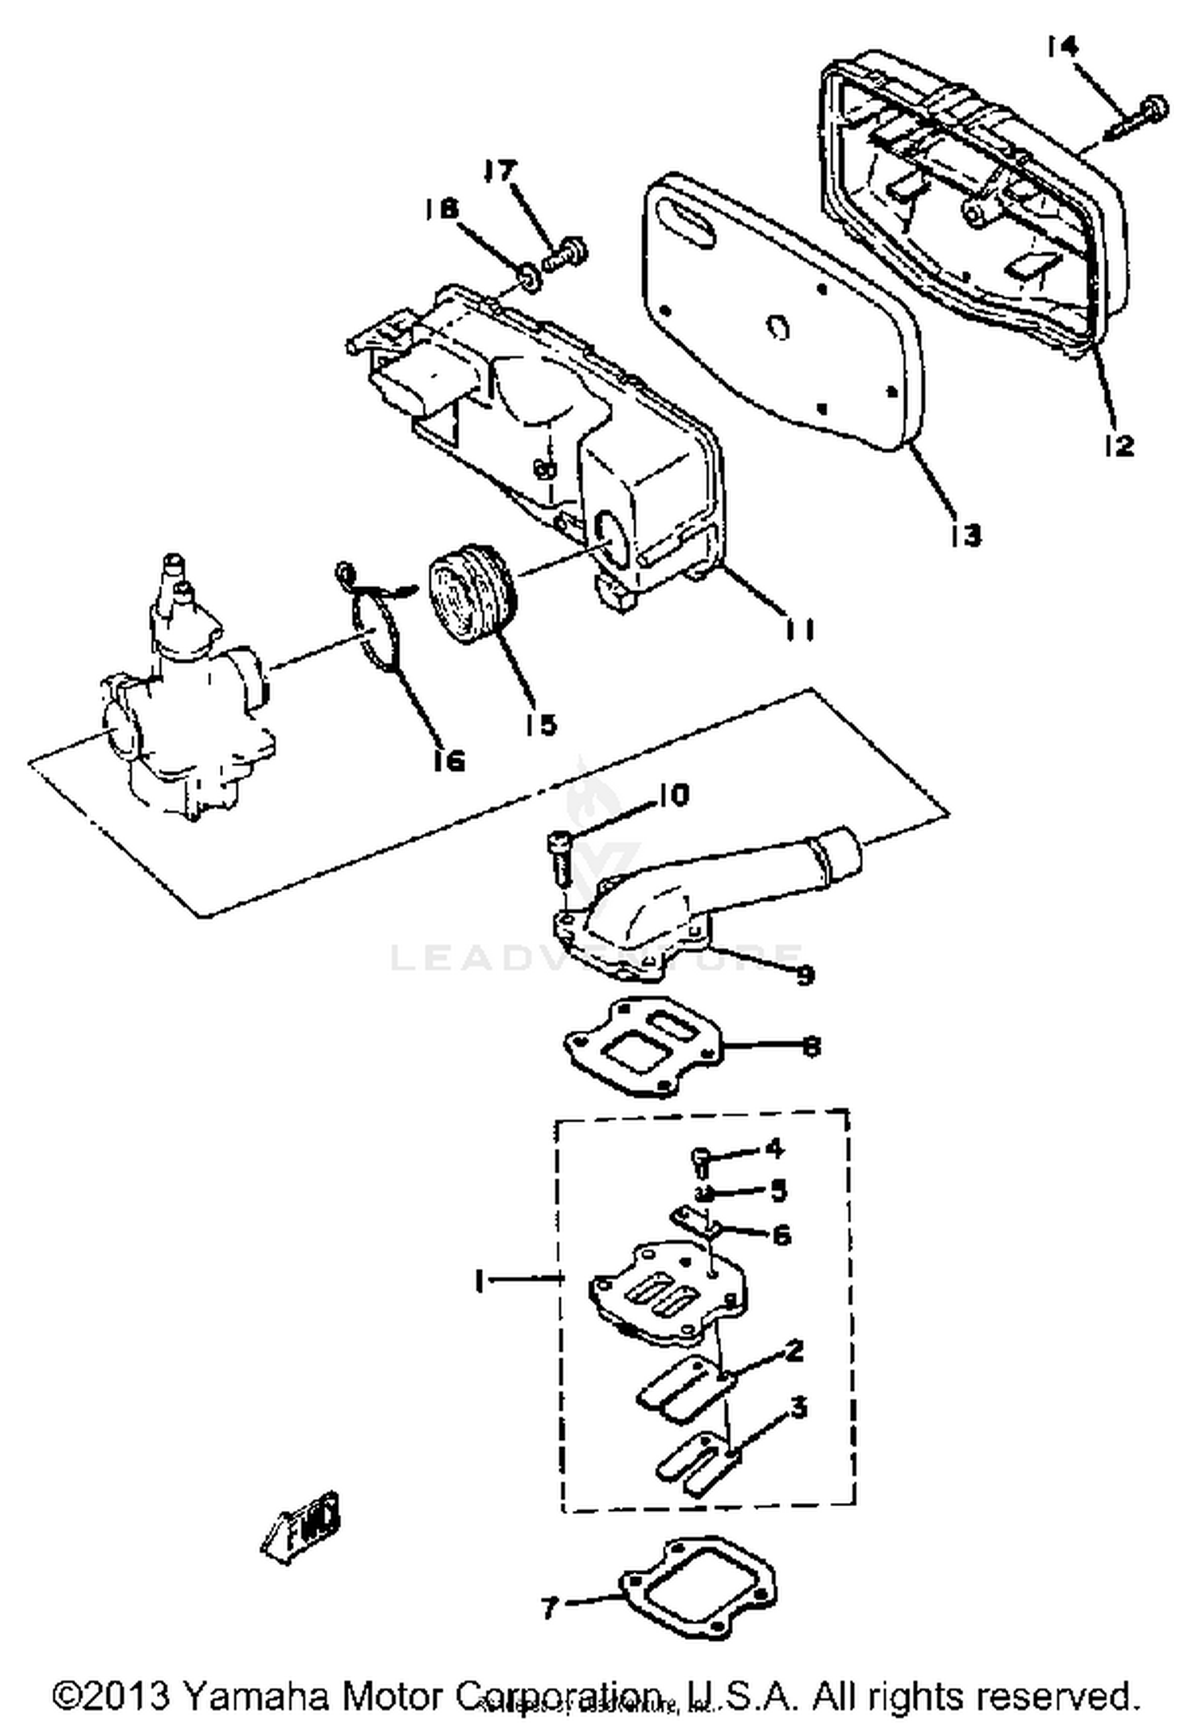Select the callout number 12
pyautogui.click(x=1119, y=446)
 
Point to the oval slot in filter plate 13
pyautogui.click(x=689, y=221)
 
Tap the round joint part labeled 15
pyautogui.click(x=472, y=588)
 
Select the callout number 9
pyautogui.click(x=805, y=973)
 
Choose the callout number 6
pyautogui.click(x=782, y=1235)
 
